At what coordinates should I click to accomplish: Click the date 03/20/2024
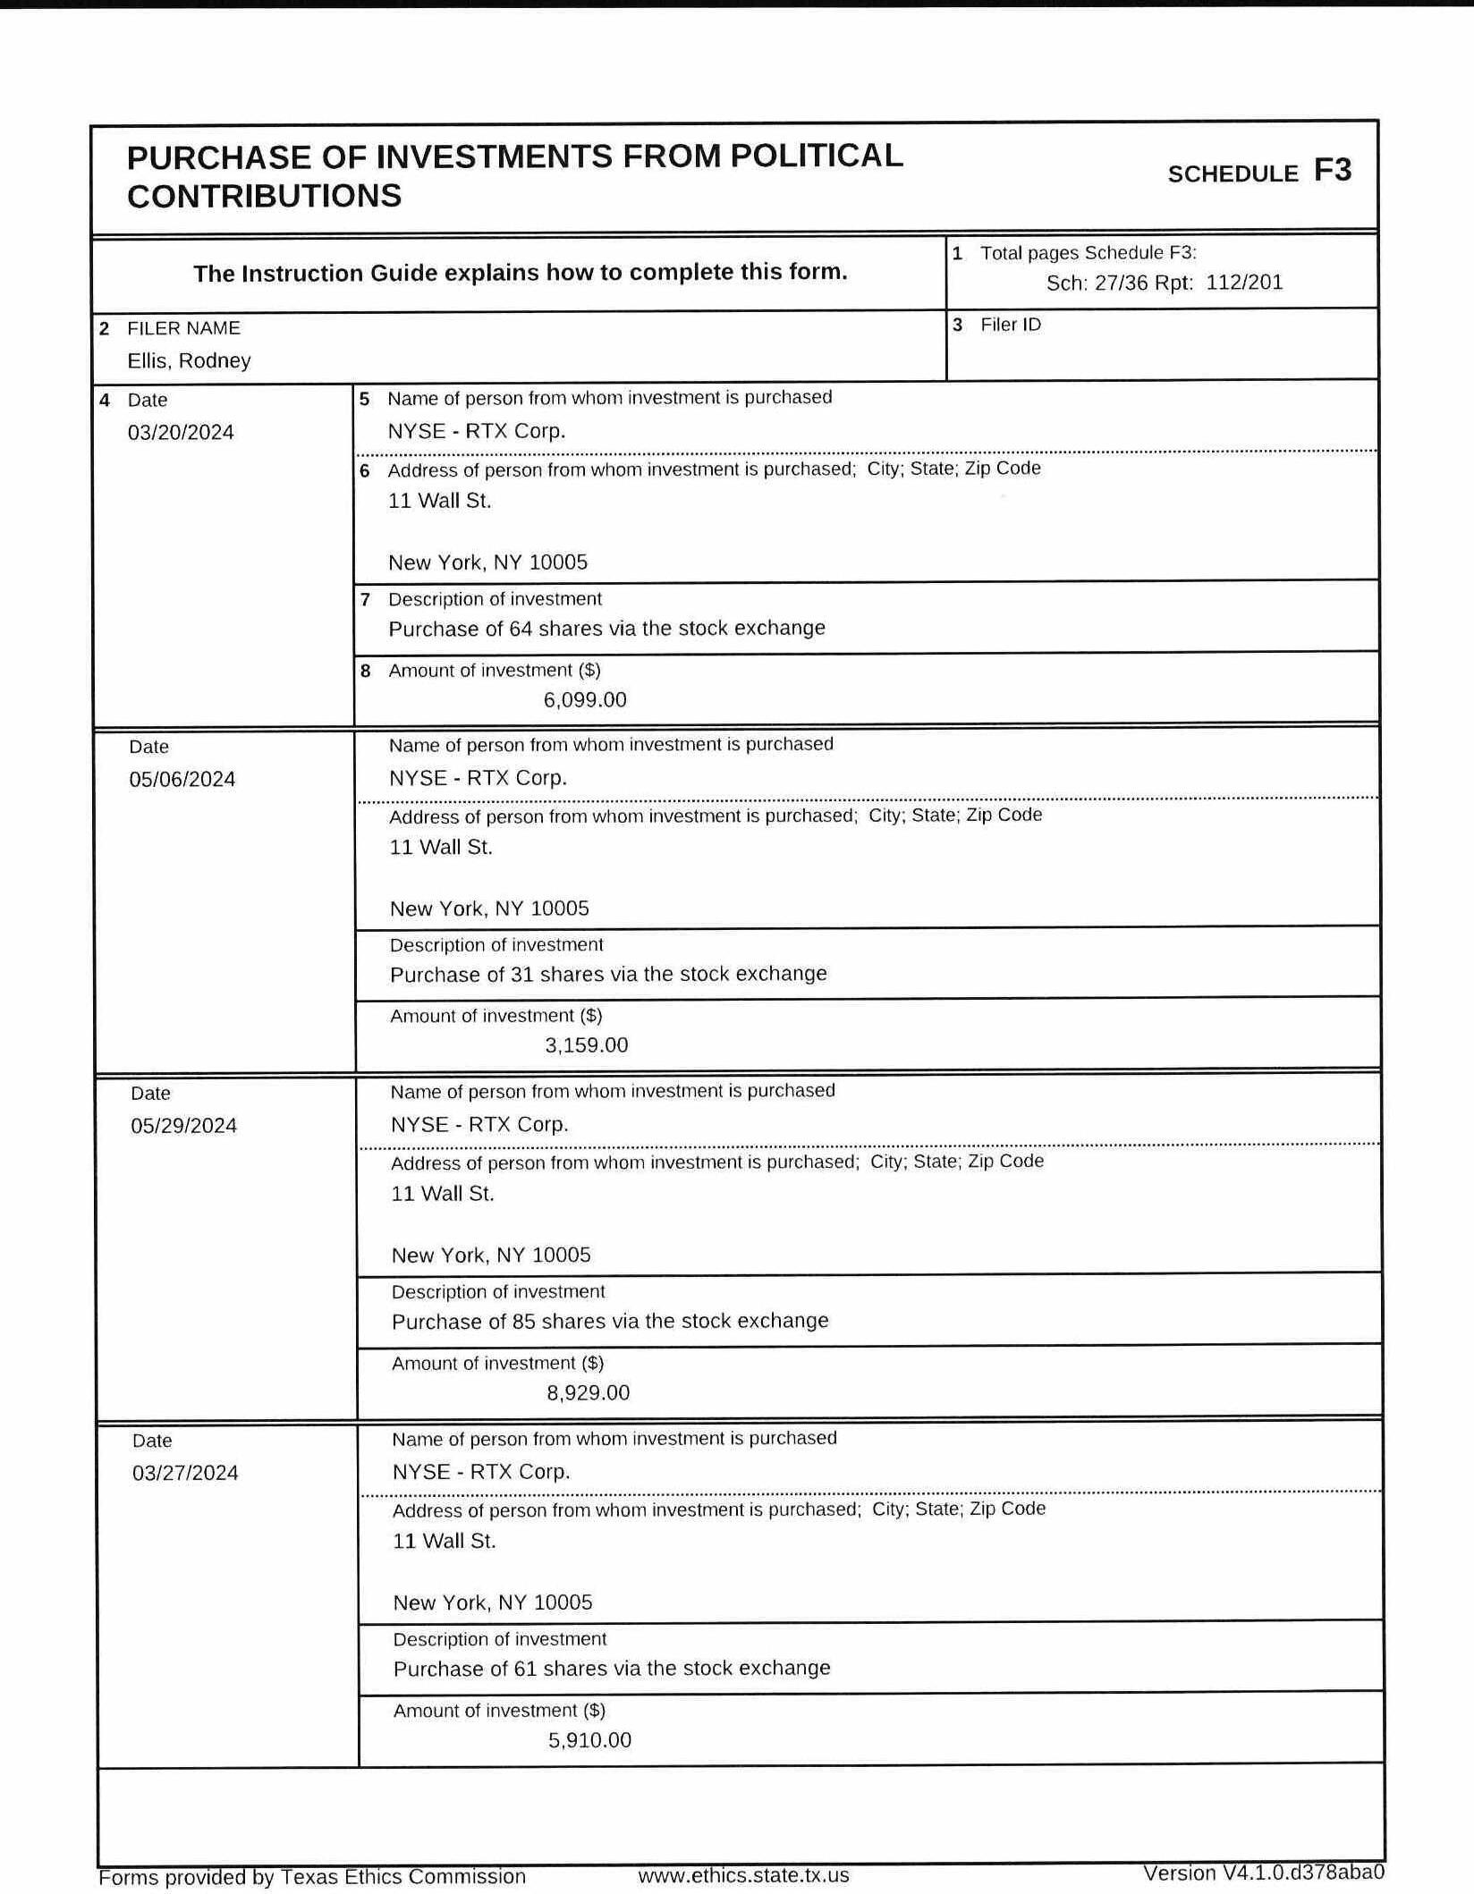click(181, 433)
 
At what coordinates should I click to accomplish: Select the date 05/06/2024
click(182, 780)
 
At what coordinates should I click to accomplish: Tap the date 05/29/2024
click(184, 1126)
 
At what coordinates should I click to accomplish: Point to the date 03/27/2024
click(185, 1473)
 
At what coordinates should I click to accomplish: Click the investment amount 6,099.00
click(585, 700)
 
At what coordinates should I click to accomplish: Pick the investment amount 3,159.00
click(587, 1045)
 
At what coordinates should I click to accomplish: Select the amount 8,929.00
click(589, 1393)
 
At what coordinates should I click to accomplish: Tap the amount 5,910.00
click(590, 1740)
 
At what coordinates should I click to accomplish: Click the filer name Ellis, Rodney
click(189, 361)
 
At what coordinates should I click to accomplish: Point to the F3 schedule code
click(1333, 171)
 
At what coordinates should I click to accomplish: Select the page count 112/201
click(1244, 283)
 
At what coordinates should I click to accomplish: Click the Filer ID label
click(1011, 325)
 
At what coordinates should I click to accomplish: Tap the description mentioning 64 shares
click(606, 629)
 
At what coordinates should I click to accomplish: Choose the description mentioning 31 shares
click(608, 974)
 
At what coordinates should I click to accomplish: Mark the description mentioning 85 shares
click(610, 1321)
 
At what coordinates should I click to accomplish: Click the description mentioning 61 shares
click(612, 1668)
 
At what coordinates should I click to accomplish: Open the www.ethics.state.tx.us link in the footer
click(743, 1875)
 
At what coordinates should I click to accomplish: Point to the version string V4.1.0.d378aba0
click(1263, 1873)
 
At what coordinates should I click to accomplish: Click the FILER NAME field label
click(183, 328)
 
